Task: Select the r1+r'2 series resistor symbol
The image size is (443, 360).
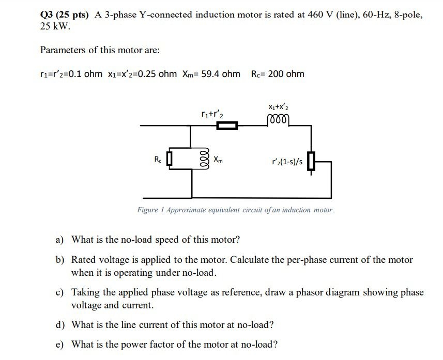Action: (226, 126)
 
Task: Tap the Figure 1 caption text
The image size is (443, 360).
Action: (236, 210)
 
